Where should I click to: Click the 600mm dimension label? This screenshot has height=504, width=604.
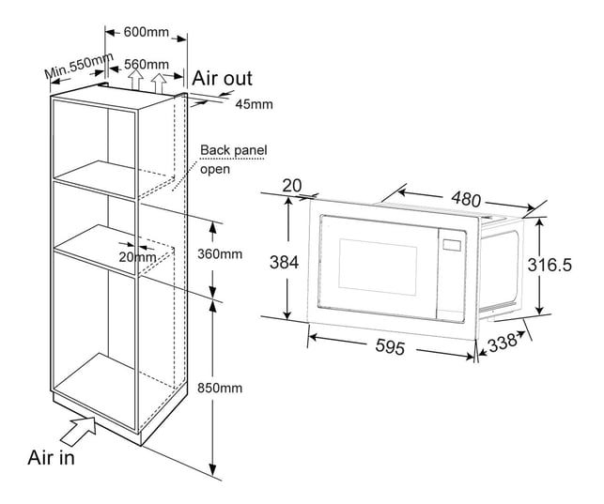147,32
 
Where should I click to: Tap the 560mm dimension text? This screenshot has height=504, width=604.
147,64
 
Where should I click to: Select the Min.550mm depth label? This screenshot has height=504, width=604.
79,66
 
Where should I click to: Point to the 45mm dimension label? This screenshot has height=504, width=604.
255,104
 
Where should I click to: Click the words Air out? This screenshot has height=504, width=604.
222,79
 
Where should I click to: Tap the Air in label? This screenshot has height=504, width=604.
52,457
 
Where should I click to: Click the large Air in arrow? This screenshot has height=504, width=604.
79,431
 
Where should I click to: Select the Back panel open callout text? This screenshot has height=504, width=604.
234,160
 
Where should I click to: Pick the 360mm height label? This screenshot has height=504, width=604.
220,254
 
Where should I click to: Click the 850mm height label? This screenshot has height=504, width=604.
220,388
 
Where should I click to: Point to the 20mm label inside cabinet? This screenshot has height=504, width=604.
137,257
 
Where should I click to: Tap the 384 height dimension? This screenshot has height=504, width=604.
285,263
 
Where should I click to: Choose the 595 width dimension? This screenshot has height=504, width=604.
390,346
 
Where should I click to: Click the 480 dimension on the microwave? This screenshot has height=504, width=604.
466,199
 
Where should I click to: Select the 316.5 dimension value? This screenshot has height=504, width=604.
550,265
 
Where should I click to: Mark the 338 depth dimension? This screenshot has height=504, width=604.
502,344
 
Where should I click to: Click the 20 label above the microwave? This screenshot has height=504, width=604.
292,186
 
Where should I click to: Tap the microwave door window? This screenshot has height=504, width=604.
378,267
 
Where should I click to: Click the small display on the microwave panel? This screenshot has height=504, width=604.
452,245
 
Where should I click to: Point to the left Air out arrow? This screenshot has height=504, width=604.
135,80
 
